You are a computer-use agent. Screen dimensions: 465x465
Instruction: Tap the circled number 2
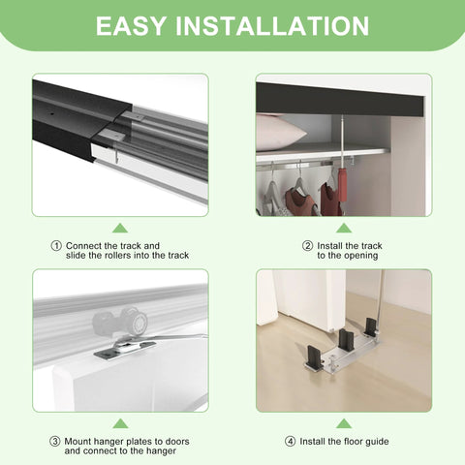click(308, 246)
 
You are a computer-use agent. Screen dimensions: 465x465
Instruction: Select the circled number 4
click(291, 442)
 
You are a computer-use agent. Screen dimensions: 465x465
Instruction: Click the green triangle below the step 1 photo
click(119, 228)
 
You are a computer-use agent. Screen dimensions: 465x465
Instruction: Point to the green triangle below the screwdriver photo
click(344, 228)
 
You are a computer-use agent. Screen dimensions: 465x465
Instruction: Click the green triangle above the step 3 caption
click(119, 423)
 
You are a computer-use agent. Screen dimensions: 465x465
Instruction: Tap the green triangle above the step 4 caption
click(344, 423)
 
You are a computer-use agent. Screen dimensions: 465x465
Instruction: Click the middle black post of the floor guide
click(345, 341)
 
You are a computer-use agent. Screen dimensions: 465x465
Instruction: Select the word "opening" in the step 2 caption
click(362, 256)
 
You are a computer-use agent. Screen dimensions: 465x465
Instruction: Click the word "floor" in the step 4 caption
click(363, 442)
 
